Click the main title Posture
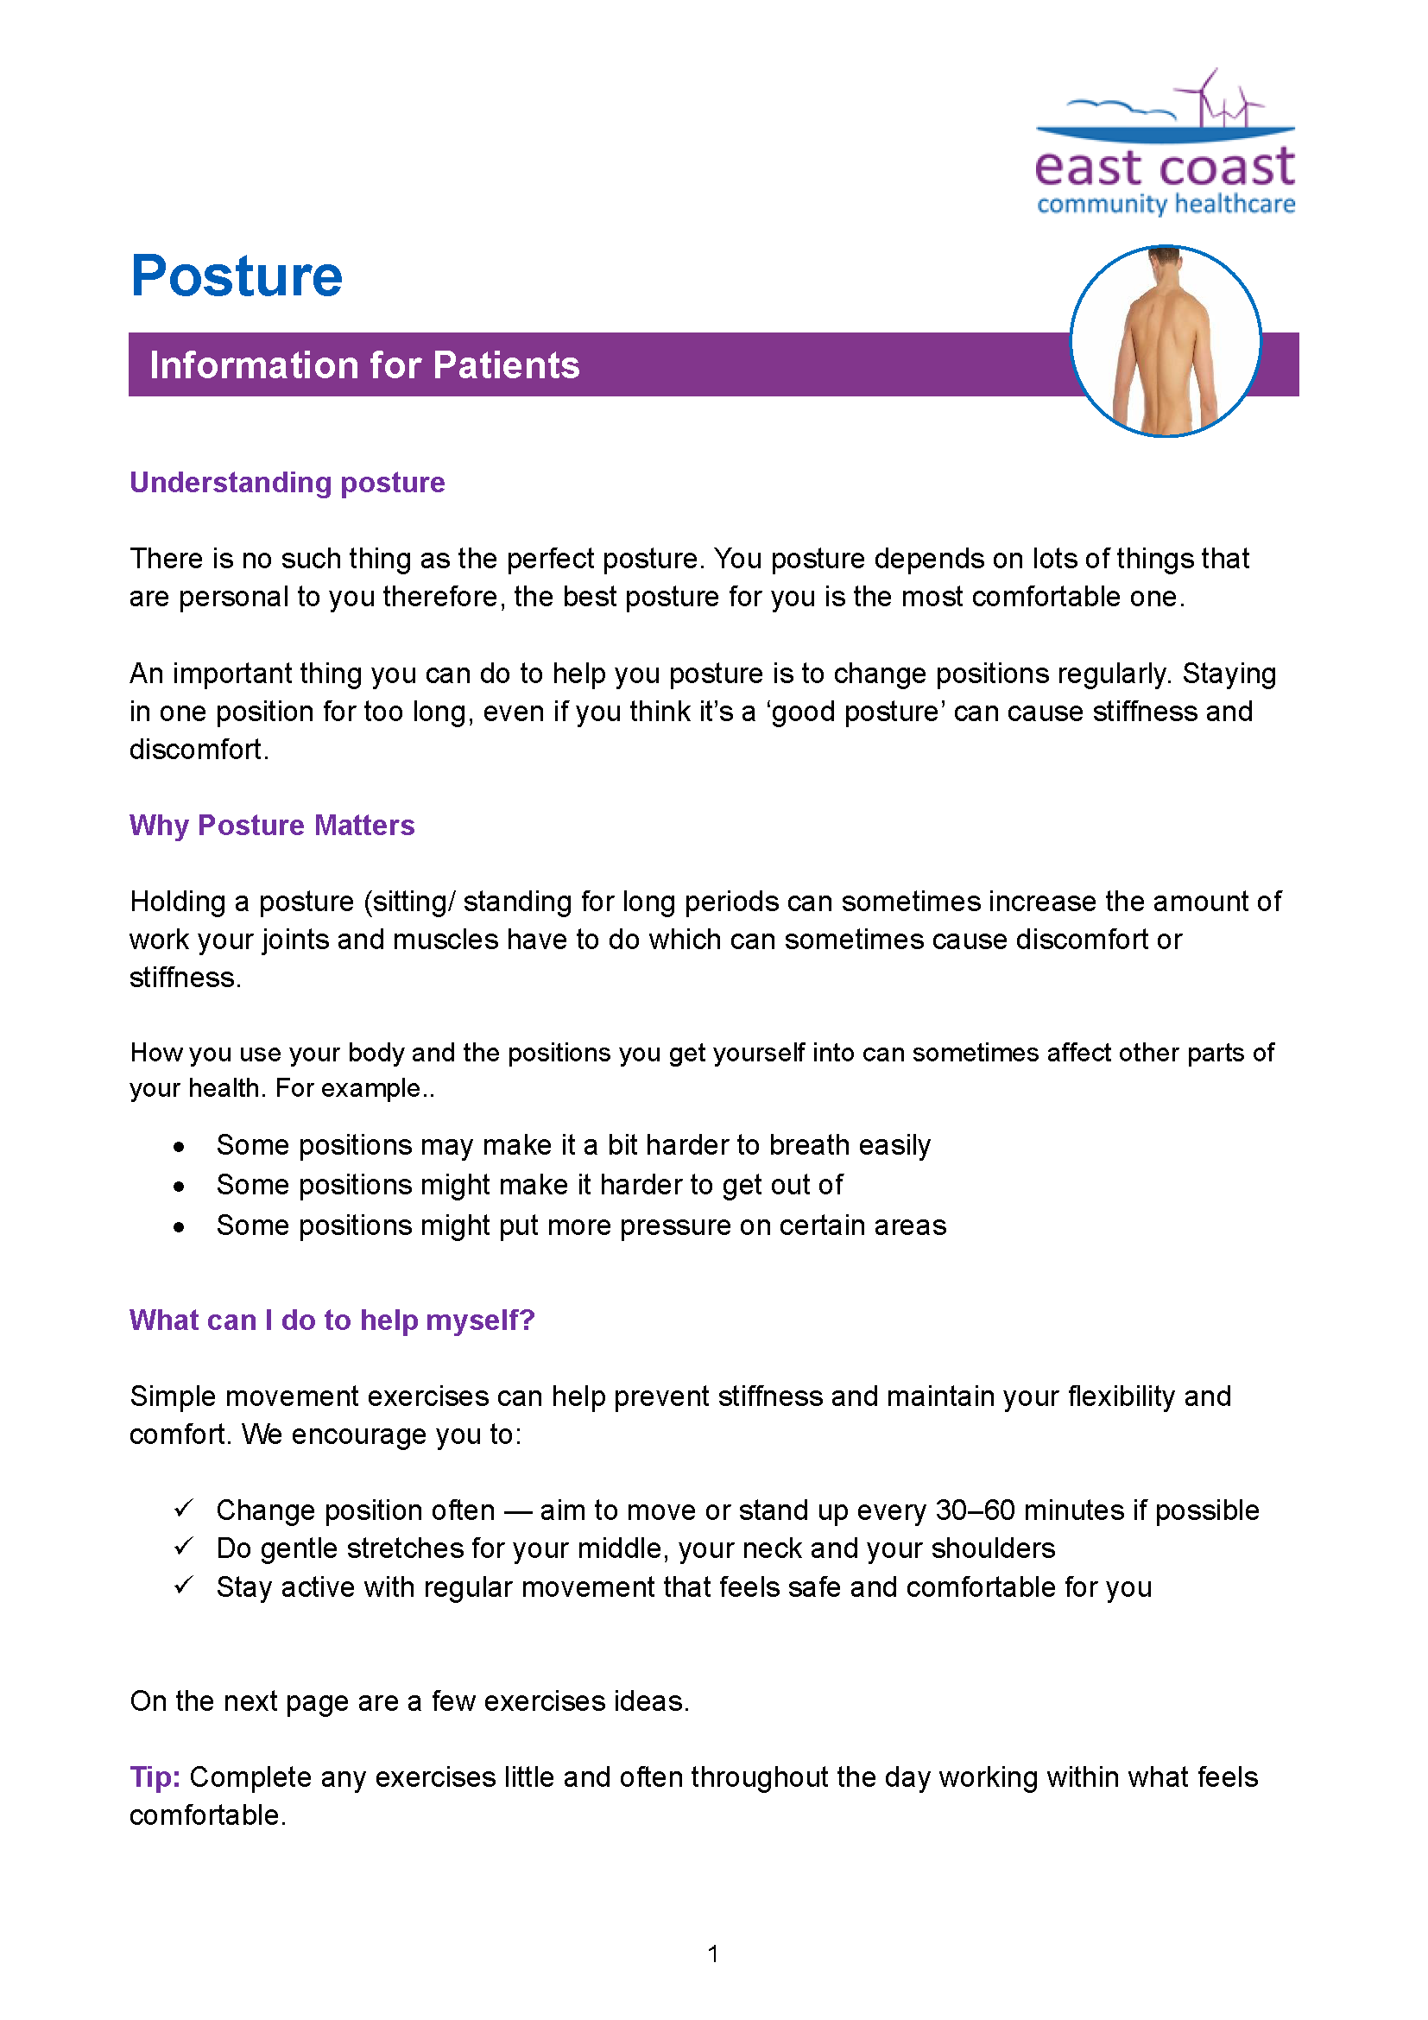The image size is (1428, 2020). coord(236,276)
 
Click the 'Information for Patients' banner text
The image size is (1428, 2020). coord(364,365)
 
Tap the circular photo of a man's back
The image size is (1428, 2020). coord(1165,341)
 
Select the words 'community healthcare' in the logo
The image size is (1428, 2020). coord(1165,204)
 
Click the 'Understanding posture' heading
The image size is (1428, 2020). coord(287,482)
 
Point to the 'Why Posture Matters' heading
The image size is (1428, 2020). coord(272,826)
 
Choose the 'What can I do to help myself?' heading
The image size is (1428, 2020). coord(332,1320)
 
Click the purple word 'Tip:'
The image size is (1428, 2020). coord(155,1777)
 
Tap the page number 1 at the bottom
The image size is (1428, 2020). coord(713,1954)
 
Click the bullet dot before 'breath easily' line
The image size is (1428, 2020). coord(180,1146)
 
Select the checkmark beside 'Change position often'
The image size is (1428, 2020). coord(183,1508)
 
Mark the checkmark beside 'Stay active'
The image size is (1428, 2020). coord(183,1586)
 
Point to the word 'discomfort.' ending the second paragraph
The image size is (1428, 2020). coord(199,750)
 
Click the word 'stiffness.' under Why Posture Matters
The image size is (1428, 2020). coord(185,978)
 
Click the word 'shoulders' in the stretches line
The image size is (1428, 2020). coord(993,1548)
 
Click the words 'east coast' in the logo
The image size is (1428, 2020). coord(1164,168)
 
